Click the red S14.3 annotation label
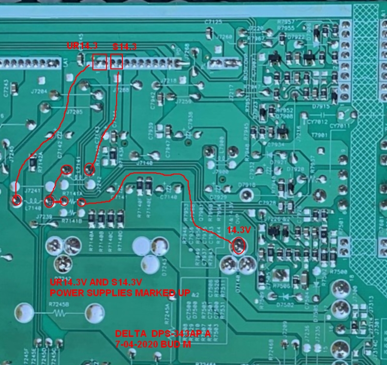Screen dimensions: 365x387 124,47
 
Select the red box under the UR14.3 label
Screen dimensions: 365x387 99,62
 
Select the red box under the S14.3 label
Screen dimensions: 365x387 116,62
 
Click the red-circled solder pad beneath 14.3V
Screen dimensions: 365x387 238,246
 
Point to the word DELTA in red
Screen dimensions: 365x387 128,334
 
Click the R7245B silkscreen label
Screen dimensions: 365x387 59,304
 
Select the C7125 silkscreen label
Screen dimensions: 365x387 213,22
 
